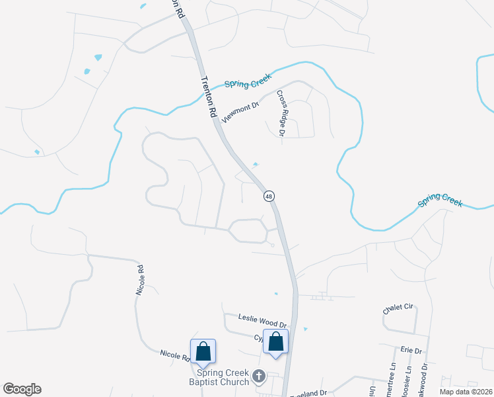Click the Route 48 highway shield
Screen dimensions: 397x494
tap(269, 196)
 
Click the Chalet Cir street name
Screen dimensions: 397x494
tap(398, 309)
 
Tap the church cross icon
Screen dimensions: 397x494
tap(259, 376)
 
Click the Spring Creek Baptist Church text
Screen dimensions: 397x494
tap(225, 377)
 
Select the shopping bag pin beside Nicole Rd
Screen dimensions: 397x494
tap(203, 351)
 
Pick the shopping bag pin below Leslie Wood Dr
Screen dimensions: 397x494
tap(276, 341)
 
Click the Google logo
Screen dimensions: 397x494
tap(22, 389)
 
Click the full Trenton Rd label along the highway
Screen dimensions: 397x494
tap(208, 96)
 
